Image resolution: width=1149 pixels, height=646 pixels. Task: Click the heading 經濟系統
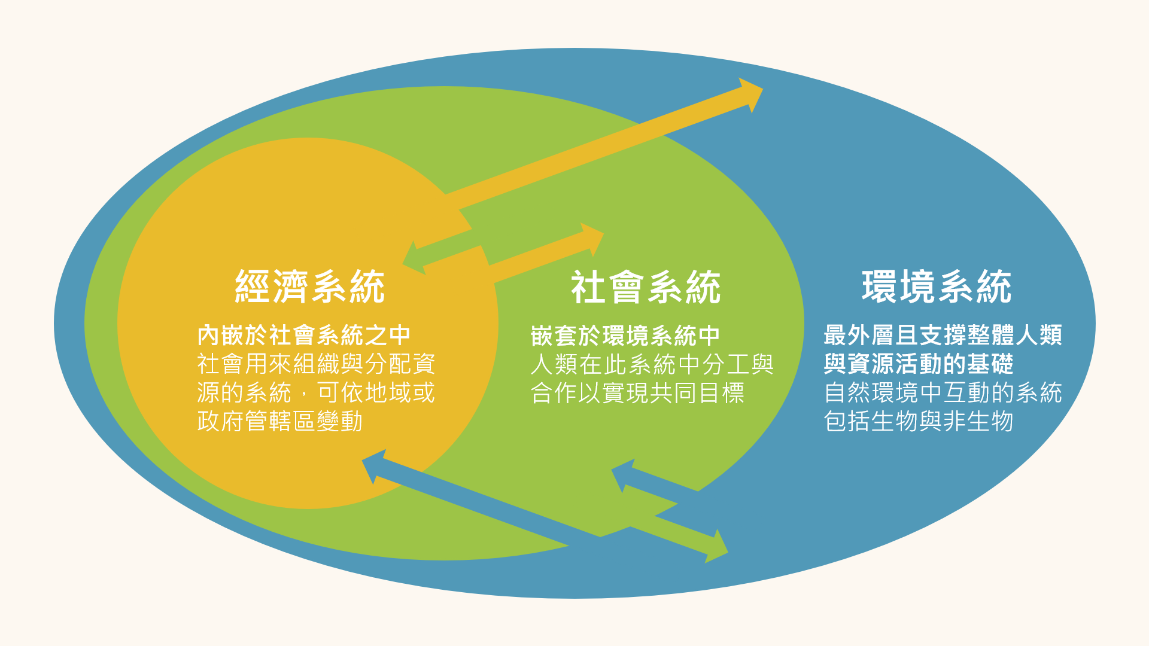[309, 287]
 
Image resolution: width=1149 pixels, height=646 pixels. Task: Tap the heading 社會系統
[646, 287]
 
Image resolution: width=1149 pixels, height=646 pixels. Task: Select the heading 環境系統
[937, 287]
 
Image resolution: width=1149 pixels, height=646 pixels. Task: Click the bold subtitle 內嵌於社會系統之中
[304, 336]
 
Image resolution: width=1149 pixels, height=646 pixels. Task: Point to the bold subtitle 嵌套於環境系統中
[625, 336]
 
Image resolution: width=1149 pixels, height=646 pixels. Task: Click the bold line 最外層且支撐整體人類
[943, 336]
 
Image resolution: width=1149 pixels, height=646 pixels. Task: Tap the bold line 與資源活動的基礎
[919, 364]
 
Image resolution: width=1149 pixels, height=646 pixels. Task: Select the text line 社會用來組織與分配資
[316, 364]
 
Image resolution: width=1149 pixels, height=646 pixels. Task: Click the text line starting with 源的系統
[316, 392]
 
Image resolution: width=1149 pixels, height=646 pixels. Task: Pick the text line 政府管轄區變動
[280, 421]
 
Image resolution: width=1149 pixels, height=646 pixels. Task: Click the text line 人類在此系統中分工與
[652, 364]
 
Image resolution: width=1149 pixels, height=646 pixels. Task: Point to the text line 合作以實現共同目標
[637, 393]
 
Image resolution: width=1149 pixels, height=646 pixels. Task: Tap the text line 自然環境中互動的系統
[943, 392]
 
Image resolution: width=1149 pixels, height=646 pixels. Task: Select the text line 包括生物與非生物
[919, 421]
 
